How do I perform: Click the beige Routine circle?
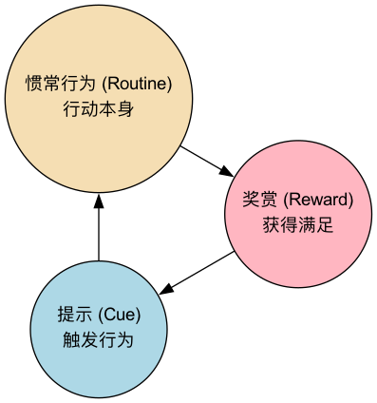pos(99,57)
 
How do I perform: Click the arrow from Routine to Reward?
pos(205,159)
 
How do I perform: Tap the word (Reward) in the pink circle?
pos(318,200)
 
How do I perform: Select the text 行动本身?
pos(99,109)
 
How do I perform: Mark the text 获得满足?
pos(298,226)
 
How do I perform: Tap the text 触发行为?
pos(99,339)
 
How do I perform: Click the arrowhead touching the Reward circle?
pos(226,171)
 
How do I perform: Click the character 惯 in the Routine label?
pos(32,84)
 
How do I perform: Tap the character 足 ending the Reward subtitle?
pos(326,226)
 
